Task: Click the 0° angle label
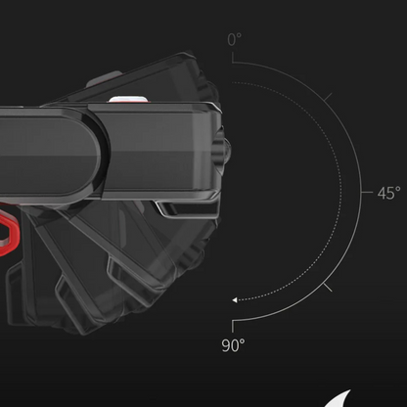235,39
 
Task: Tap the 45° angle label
388,193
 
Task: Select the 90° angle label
233,345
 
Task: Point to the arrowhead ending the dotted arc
235,300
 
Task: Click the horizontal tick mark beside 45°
367,193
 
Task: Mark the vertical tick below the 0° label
233,58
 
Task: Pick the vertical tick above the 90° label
233,326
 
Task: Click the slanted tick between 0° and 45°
328,97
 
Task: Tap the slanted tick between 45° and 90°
328,288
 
